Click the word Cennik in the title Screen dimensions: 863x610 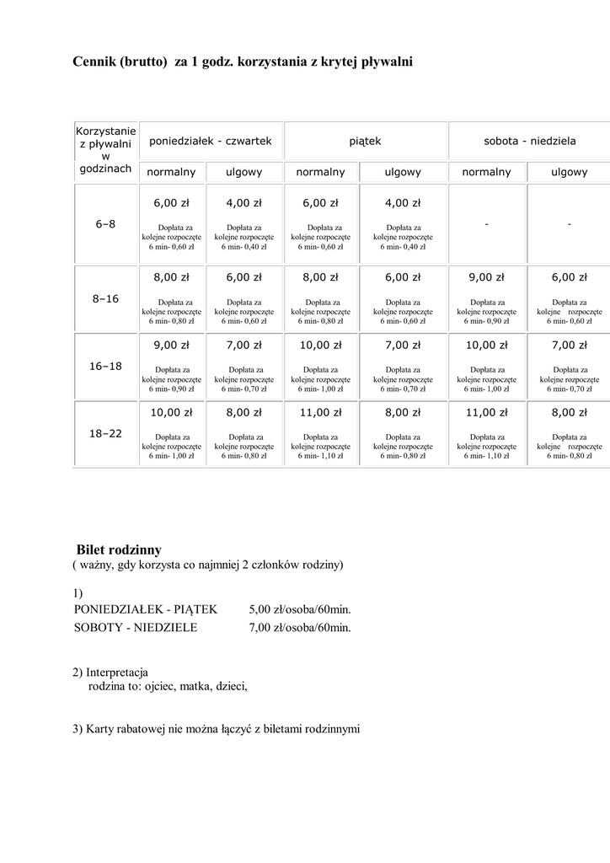pyautogui.click(x=93, y=62)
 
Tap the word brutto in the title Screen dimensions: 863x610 pyautogui.click(x=144, y=62)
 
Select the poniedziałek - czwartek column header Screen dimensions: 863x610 pyautogui.click(x=210, y=141)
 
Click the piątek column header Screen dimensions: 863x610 pyautogui.click(x=366, y=141)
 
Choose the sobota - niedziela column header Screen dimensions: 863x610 pyautogui.click(x=530, y=141)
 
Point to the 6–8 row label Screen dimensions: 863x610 pyautogui.click(x=105, y=224)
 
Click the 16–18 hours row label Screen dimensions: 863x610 pyautogui.click(x=105, y=366)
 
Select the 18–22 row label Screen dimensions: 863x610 pyautogui.click(x=105, y=433)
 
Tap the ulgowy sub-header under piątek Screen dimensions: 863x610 pyautogui.click(x=403, y=172)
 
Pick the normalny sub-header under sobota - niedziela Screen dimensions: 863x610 pyautogui.click(x=486, y=172)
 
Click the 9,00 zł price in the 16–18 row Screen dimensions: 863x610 pyautogui.click(x=171, y=345)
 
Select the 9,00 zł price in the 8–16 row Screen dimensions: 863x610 pyautogui.click(x=486, y=277)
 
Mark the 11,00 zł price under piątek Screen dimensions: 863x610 pyautogui.click(x=321, y=412)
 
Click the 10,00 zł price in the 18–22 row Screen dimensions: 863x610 pyautogui.click(x=171, y=412)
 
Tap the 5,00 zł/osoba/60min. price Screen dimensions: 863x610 pyautogui.click(x=300, y=609)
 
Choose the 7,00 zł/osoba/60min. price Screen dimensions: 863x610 pyautogui.click(x=300, y=627)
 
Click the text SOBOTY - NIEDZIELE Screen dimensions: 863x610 pyautogui.click(x=136, y=627)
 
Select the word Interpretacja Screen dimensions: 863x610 pyautogui.click(x=117, y=673)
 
